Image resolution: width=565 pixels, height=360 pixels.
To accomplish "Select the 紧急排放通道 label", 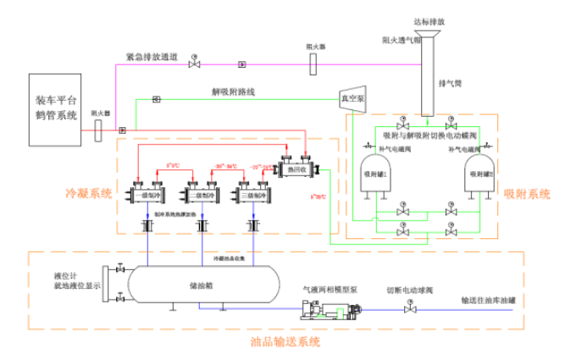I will pos(151,58).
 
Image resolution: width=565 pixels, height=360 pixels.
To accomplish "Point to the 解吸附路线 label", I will pos(228,92).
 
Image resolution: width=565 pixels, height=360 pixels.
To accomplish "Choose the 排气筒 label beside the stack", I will pos(449,84).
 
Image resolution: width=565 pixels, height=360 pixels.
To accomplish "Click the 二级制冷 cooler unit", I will pos(200,195).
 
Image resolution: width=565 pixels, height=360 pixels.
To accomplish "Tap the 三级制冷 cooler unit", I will pos(252,195).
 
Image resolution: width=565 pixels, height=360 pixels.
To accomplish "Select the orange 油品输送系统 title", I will pos(286,342).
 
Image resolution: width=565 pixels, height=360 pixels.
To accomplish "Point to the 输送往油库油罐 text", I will pos(488,298).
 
